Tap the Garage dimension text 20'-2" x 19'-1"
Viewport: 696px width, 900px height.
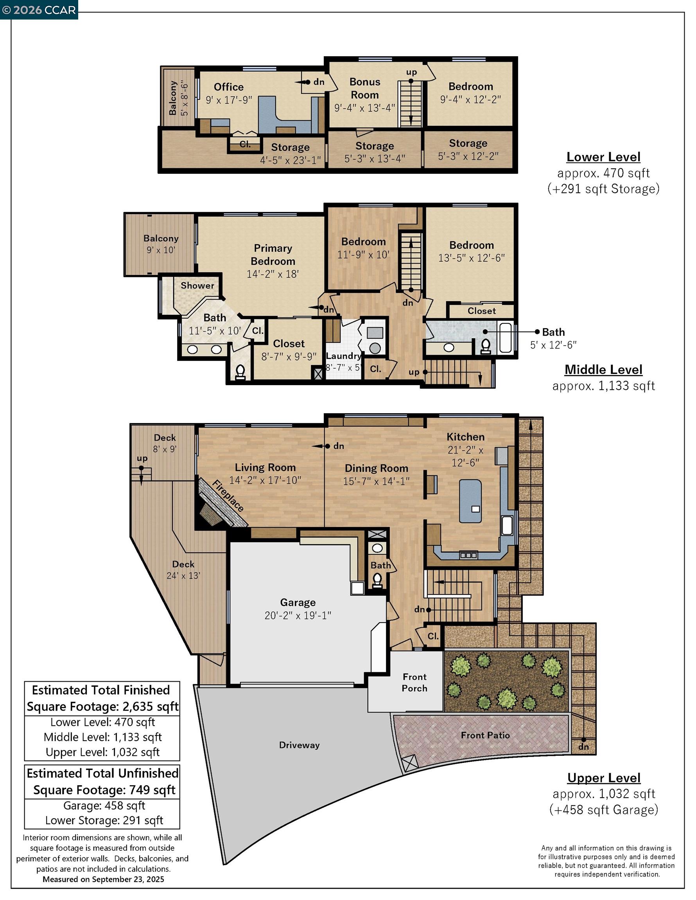298,616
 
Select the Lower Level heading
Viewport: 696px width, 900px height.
603,157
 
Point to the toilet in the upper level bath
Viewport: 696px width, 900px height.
377,580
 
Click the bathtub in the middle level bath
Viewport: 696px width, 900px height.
506,338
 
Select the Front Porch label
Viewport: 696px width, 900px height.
414,682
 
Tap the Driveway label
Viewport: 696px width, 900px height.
299,745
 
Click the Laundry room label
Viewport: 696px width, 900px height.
343,356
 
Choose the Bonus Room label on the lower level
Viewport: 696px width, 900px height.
364,88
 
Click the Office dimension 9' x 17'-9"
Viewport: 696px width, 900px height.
229,100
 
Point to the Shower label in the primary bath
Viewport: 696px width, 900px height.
197,286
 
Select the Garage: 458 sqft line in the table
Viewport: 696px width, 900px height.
104,805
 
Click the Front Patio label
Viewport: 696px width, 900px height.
485,735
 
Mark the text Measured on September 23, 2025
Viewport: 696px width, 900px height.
103,879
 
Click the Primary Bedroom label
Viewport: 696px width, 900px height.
273,254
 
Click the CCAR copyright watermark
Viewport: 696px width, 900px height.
39,10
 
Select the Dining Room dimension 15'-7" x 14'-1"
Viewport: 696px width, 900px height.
376,481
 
